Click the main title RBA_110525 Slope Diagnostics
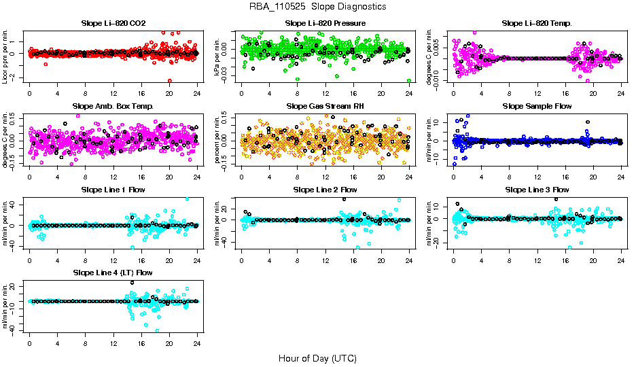pyautogui.click(x=317, y=6)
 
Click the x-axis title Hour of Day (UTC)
pyautogui.click(x=317, y=357)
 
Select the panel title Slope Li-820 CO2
pyautogui.click(x=113, y=23)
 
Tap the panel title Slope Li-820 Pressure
pyautogui.click(x=325, y=23)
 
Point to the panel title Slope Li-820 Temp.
pyautogui.click(x=537, y=23)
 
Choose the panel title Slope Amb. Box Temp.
pyautogui.click(x=113, y=106)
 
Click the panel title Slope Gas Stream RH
pyautogui.click(x=325, y=106)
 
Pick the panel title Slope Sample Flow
pyautogui.click(x=537, y=106)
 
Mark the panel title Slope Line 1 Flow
pyautogui.click(x=113, y=190)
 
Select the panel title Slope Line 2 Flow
pyautogui.click(x=325, y=190)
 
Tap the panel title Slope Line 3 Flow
pyautogui.click(x=537, y=190)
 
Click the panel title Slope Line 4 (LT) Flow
pyautogui.click(x=113, y=273)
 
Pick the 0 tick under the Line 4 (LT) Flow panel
pyautogui.click(x=30, y=342)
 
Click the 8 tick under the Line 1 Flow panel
pyautogui.click(x=86, y=259)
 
